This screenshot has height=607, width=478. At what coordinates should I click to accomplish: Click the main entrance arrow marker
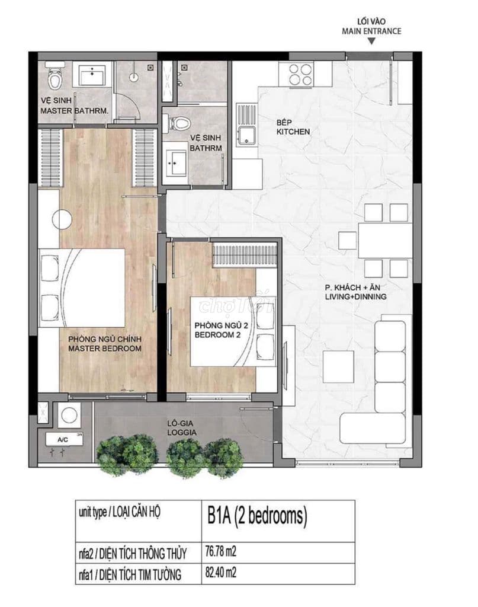(x=371, y=41)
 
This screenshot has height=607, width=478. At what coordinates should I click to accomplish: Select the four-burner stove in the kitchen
(x=300, y=74)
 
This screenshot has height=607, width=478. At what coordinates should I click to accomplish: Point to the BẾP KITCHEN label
(x=293, y=127)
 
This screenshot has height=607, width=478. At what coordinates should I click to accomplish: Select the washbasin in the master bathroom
(x=94, y=75)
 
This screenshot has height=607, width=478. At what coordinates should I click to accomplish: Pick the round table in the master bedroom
(x=62, y=219)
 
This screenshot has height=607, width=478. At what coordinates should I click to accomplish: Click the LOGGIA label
(x=183, y=428)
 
